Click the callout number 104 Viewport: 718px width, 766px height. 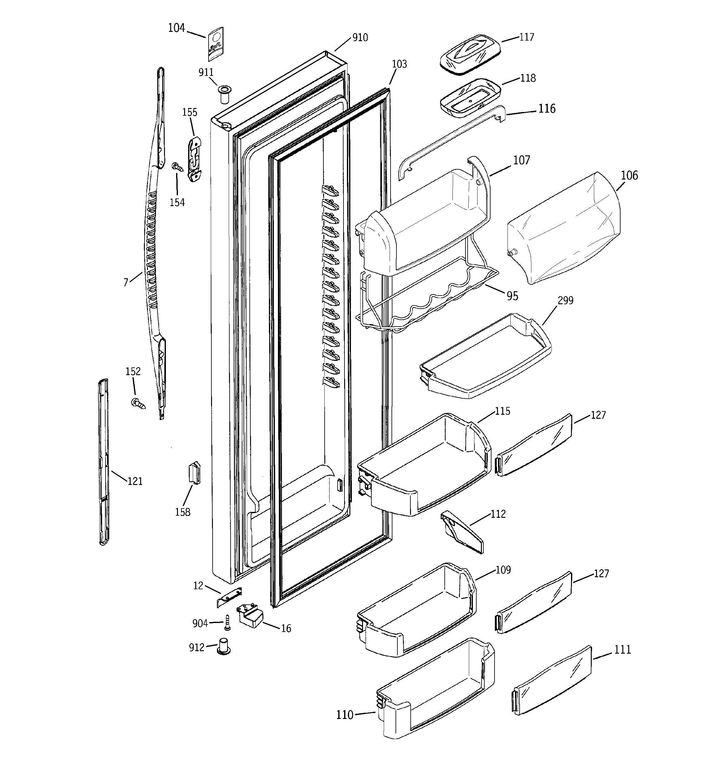[x=176, y=28]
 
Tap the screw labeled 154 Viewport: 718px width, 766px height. [x=177, y=167]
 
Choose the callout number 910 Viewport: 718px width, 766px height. [x=360, y=38]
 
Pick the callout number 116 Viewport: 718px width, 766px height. [x=547, y=109]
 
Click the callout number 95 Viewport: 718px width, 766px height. [x=512, y=296]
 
